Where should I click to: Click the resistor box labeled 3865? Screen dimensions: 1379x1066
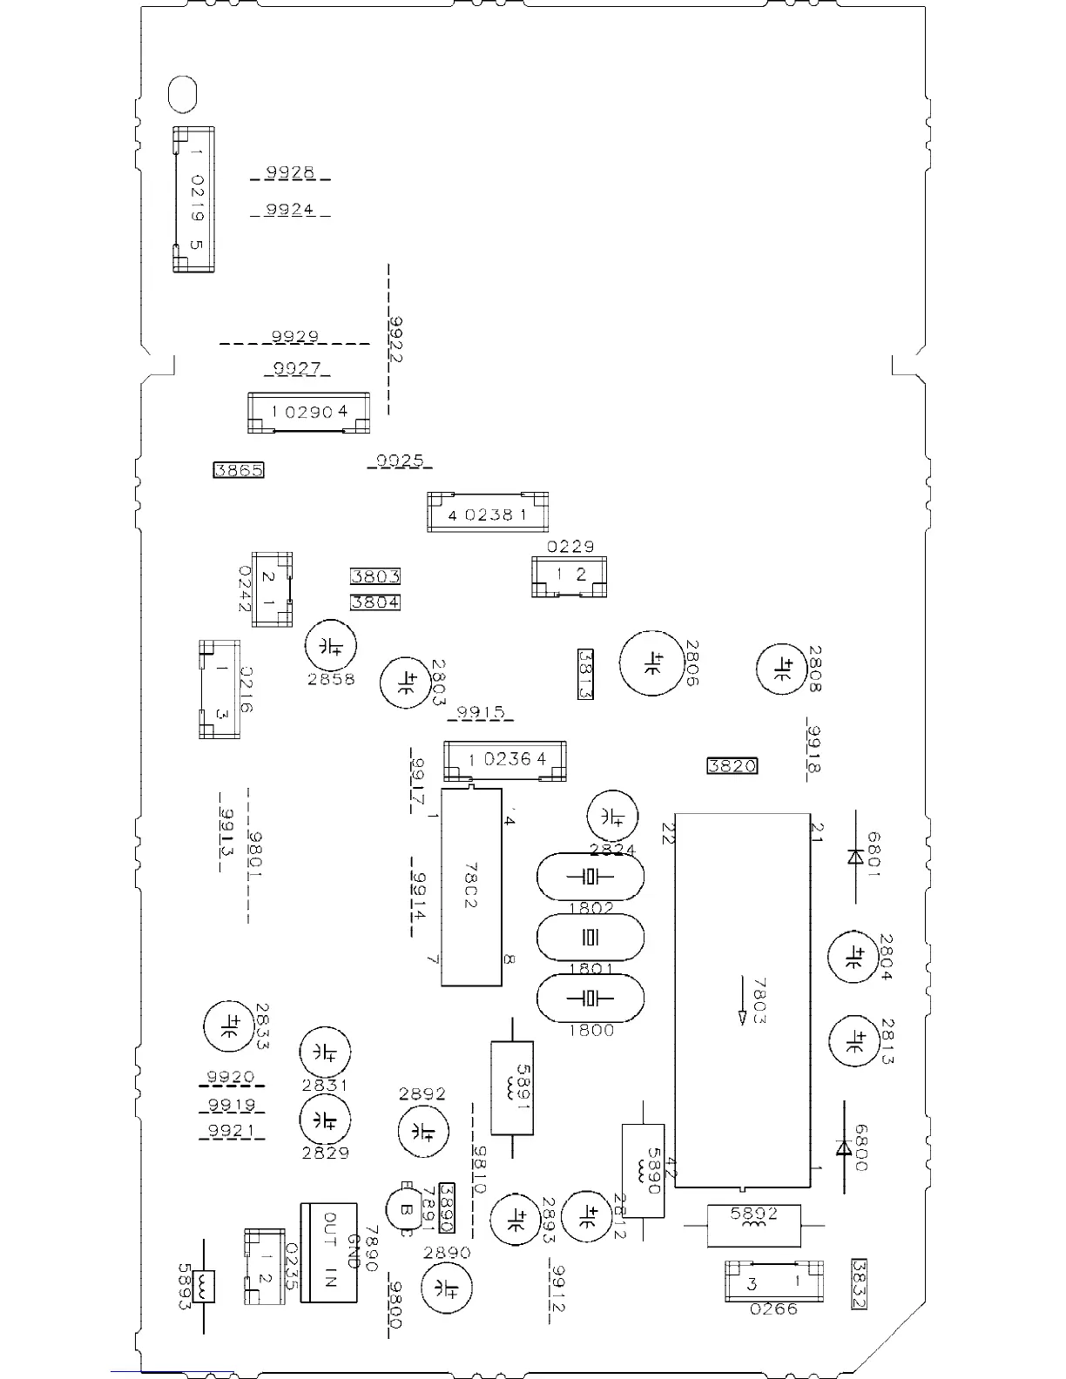click(239, 470)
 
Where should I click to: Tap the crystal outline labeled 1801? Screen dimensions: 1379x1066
click(590, 938)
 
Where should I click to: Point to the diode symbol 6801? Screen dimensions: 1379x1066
click(854, 857)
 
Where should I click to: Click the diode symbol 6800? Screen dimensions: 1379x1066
click(843, 1148)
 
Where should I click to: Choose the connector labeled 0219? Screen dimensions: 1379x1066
click(193, 199)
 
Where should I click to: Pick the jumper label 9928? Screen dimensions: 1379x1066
click(290, 172)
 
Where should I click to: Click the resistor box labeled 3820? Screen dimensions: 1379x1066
click(732, 766)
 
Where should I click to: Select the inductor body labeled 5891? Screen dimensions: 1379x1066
click(511, 1087)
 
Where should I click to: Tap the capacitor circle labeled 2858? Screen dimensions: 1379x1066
click(331, 646)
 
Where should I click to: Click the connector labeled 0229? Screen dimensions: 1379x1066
click(569, 576)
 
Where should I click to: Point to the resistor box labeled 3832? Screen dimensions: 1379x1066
click(860, 1285)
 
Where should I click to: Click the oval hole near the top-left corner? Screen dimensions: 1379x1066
click(182, 94)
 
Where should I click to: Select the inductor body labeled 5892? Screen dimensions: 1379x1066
click(753, 1225)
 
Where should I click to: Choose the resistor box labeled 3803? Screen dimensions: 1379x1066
click(375, 576)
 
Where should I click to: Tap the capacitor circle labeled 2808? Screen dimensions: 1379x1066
click(780, 669)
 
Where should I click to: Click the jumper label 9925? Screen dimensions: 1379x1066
click(400, 461)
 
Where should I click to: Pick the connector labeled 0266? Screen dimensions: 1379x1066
click(773, 1282)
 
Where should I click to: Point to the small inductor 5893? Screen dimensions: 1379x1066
click(204, 1285)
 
